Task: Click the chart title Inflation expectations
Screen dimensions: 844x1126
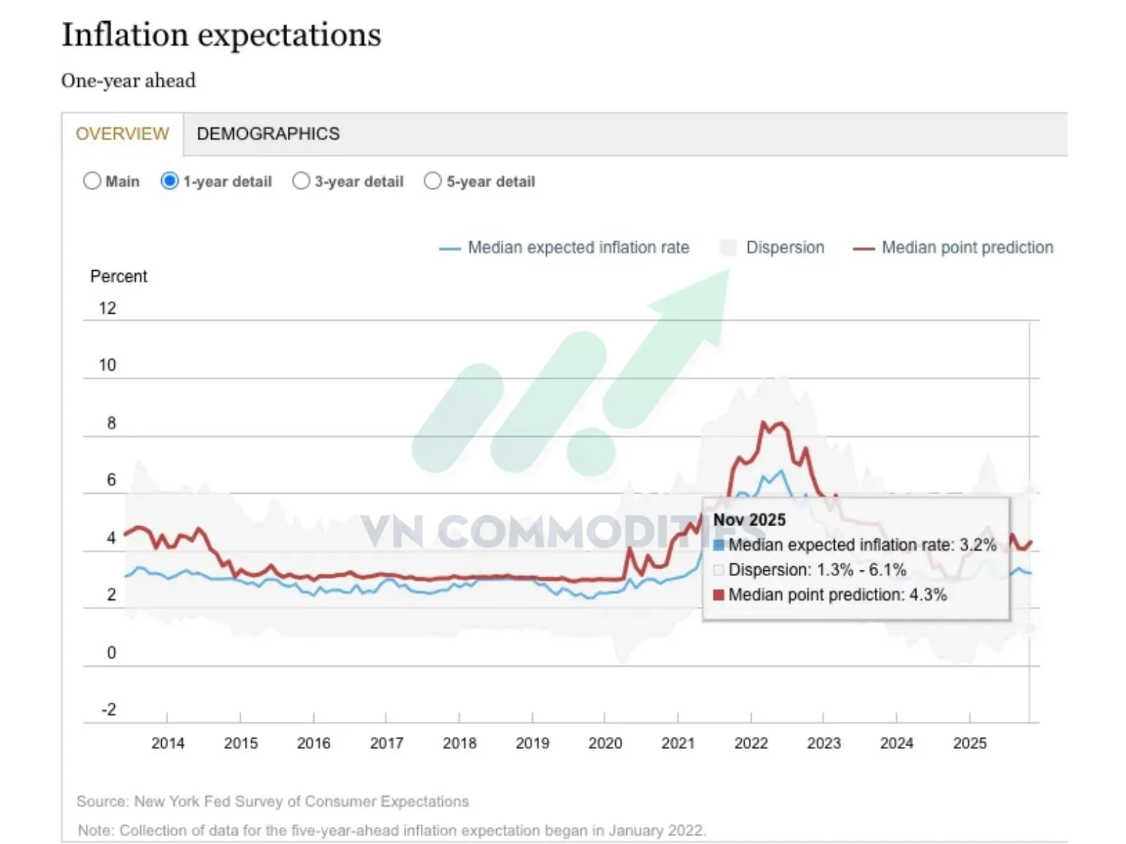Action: pos(221,35)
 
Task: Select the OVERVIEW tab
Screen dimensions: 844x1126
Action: pos(122,134)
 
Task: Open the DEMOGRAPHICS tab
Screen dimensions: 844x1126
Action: pos(268,134)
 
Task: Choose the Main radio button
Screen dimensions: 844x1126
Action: pos(92,181)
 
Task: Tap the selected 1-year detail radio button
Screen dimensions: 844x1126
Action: pos(170,181)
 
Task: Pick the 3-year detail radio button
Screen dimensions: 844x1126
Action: pos(301,181)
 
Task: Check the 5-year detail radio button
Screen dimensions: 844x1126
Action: pos(433,181)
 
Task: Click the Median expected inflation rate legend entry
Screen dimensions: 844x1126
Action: pos(578,248)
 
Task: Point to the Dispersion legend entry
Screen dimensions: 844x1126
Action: pos(785,248)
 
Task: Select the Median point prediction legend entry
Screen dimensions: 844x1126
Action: pos(967,248)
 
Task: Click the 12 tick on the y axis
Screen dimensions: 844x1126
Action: pos(107,308)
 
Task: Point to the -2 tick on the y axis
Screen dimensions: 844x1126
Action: pos(108,710)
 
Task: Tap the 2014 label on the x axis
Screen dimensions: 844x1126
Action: pos(167,743)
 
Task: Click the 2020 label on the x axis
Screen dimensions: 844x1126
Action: pos(605,743)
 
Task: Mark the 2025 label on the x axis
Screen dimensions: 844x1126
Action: pos(970,743)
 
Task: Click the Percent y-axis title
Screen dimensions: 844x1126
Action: pos(118,276)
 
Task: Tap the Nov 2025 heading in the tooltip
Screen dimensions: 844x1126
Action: pos(749,520)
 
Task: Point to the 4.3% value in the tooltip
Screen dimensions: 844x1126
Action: pos(928,595)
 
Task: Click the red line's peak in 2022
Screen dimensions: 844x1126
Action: pos(764,423)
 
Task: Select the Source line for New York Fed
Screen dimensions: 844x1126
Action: pos(272,802)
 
